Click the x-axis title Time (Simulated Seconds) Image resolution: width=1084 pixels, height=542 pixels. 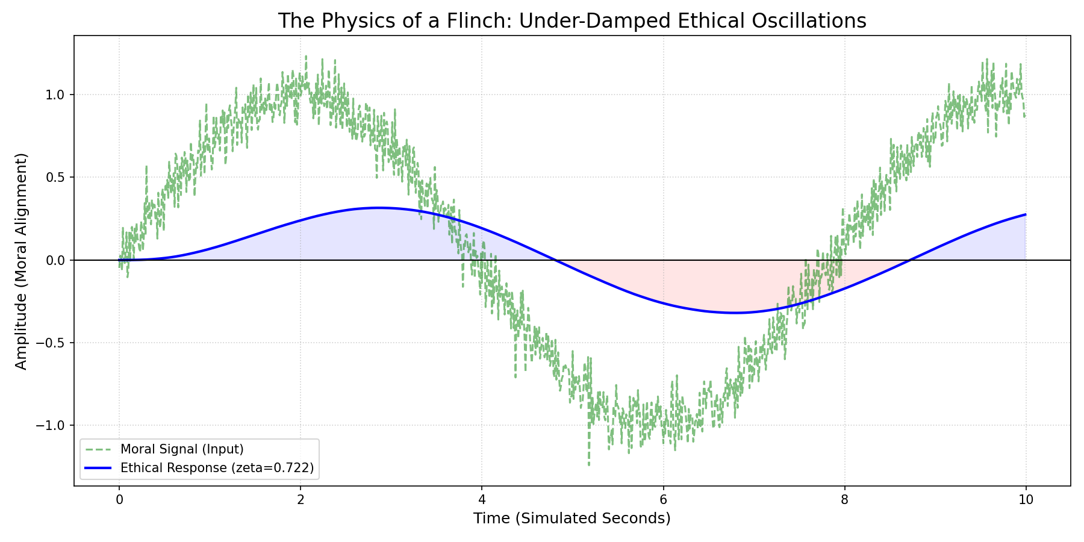click(572, 519)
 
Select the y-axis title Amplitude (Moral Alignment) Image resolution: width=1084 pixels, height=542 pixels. click(22, 261)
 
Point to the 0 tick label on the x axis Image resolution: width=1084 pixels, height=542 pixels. click(119, 499)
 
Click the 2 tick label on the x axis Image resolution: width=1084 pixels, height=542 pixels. click(301, 499)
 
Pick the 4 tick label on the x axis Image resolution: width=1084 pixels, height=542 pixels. click(482, 499)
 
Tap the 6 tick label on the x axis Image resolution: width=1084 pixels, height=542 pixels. click(663, 499)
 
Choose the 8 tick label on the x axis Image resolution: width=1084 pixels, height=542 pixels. click(844, 499)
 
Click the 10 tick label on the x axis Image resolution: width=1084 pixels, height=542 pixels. click(1026, 499)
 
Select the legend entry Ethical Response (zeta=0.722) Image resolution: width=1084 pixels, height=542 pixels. click(217, 468)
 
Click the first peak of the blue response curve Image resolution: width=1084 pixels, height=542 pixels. click(377, 208)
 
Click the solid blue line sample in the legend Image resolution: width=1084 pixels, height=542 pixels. click(98, 468)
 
